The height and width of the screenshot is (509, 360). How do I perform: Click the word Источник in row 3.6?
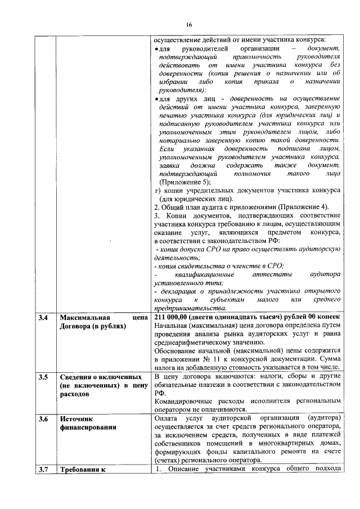pos(76,419)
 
